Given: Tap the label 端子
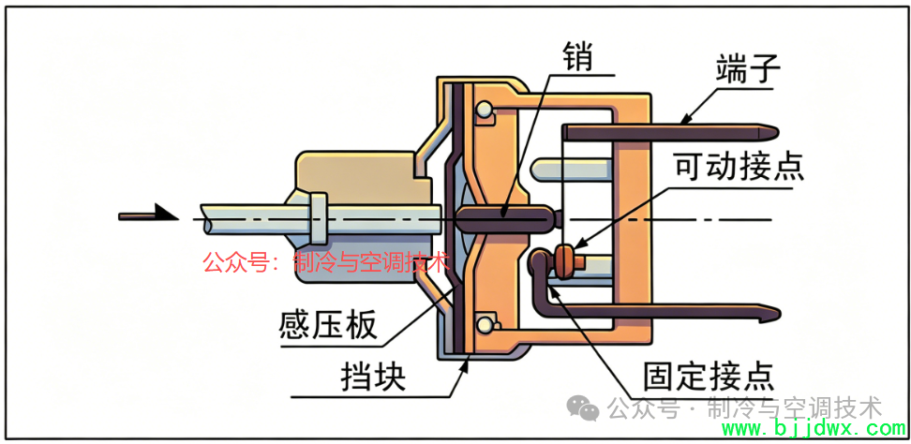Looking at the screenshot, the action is tap(747, 70).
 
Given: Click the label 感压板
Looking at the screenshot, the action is tap(328, 326).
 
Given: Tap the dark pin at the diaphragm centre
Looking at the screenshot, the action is tap(502, 218).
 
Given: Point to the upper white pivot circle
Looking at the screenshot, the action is tap(483, 109).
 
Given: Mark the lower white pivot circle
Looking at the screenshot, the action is tap(483, 323).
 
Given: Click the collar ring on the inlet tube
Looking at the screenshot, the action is tap(317, 218).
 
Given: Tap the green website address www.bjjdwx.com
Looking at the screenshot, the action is tap(813, 429).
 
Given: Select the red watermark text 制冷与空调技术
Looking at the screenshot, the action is tap(372, 262).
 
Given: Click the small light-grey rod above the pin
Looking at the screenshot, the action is tap(573, 169).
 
